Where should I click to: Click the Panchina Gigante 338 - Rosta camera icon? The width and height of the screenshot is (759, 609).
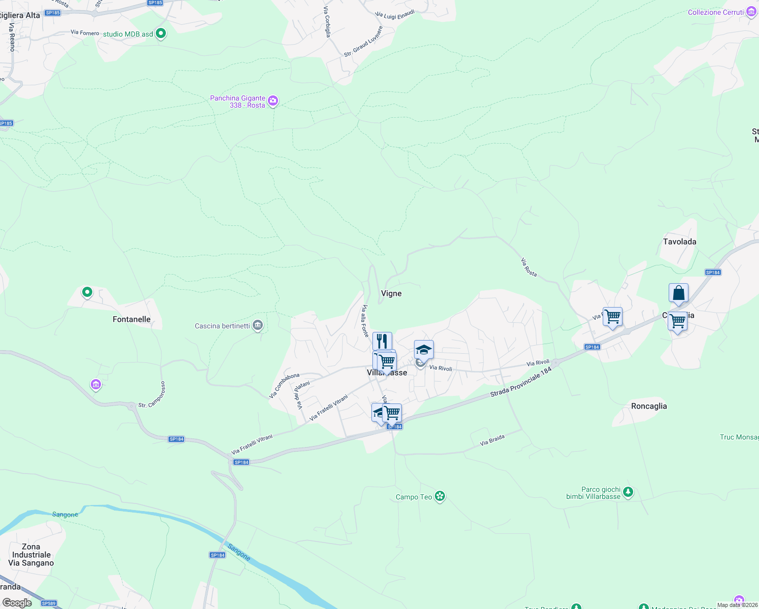coord(273,101)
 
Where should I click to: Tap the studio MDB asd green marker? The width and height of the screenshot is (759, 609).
coord(161,33)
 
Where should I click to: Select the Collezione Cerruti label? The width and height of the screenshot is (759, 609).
coord(715,12)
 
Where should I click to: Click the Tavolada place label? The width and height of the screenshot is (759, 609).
coord(679,242)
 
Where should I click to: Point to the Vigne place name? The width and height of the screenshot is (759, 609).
coord(391,293)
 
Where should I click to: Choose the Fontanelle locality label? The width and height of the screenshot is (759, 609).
coord(131,319)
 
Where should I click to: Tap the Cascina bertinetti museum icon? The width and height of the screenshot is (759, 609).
coord(258,325)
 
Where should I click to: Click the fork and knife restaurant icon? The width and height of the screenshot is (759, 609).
coord(382,341)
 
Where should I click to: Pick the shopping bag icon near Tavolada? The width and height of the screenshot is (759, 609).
coord(678,293)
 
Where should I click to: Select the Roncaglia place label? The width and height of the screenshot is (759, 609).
coord(649,406)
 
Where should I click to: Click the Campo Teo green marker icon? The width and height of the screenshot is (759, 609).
coord(440,496)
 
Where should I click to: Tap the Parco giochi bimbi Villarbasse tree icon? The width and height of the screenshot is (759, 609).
coord(628,492)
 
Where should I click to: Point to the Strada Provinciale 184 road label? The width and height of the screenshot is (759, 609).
coord(521,383)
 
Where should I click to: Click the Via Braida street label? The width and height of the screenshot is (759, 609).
coord(492,440)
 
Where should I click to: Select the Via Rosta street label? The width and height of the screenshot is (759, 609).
coord(529,267)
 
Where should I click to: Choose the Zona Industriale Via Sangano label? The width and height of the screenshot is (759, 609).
coord(31,555)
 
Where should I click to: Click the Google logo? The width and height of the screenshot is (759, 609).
coord(17,603)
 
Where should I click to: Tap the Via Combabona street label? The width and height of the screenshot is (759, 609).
coord(284,386)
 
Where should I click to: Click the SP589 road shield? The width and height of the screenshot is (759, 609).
coord(49,603)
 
